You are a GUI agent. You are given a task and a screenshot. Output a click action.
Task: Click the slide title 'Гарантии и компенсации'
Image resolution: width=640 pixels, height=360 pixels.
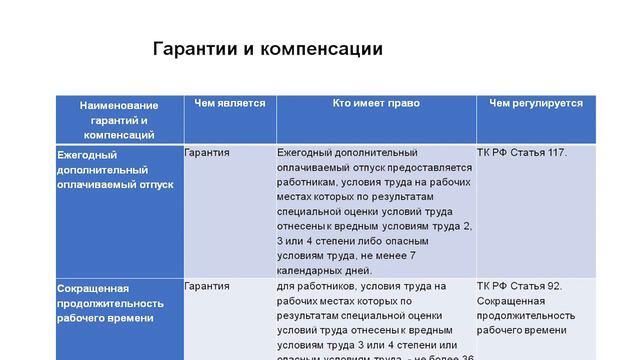(x=267, y=49)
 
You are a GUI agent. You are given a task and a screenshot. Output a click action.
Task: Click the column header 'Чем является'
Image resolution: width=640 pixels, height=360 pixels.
(x=230, y=103)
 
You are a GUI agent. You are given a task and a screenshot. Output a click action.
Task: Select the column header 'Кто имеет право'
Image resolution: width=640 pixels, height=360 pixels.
(x=376, y=103)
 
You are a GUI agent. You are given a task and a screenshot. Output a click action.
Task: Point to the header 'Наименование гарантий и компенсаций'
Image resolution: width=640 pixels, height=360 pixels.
(x=119, y=119)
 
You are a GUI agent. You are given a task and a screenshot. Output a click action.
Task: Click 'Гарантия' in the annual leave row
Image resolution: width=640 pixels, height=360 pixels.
(x=207, y=153)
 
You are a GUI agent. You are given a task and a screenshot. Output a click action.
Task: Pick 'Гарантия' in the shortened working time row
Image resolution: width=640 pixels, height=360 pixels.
(x=207, y=286)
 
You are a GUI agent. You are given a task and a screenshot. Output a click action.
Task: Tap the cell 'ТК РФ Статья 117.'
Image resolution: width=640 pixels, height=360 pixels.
(x=522, y=153)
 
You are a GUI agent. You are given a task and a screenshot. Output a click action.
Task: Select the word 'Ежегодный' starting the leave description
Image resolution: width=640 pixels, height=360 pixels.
(x=304, y=153)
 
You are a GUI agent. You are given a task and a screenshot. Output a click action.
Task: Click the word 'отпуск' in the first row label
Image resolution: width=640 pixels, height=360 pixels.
(x=154, y=185)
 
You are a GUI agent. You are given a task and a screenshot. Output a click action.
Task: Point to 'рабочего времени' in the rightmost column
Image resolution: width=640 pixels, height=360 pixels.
(x=518, y=330)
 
